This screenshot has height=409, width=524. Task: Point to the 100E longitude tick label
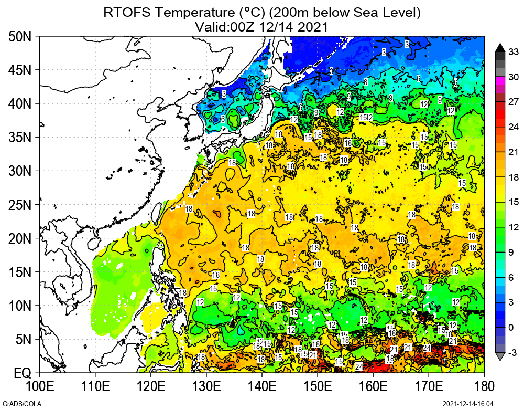tap(40, 387)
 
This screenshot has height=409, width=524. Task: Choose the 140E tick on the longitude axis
tap(262, 387)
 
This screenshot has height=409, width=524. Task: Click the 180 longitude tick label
tap(484, 387)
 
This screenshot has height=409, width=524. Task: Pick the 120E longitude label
tap(151, 387)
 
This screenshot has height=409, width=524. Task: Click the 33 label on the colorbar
tap(514, 52)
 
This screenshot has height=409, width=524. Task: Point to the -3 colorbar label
tap(514, 351)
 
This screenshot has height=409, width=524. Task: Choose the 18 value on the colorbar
tap(514, 177)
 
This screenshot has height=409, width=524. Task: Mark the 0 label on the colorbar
tap(514, 328)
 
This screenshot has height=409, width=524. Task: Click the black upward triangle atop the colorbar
tap(500, 47)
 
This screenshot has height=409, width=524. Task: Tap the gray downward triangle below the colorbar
tap(500, 356)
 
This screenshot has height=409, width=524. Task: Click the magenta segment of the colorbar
tap(500, 81)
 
